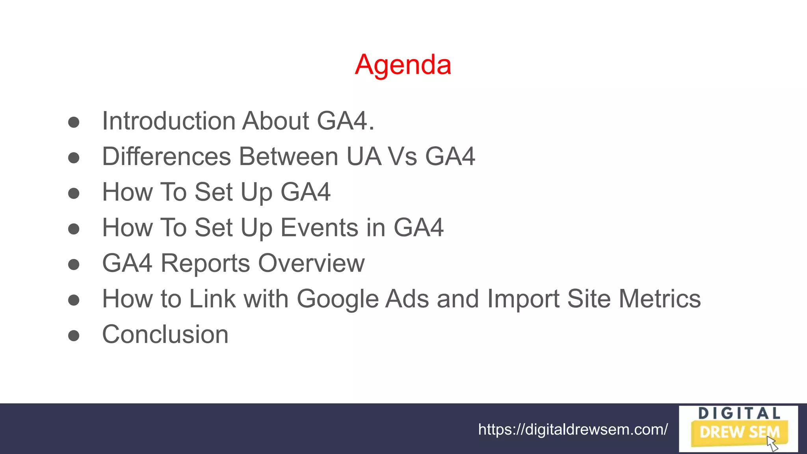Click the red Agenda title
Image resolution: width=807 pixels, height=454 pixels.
[403, 65]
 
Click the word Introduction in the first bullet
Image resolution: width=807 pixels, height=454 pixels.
[168, 121]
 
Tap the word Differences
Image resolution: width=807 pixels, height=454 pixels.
[167, 156]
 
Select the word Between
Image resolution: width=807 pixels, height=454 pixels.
[289, 156]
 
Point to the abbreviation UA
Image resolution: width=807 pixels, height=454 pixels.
[364, 156]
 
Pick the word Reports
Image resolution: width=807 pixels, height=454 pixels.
[205, 263]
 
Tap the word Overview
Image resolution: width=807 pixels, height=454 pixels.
[311, 263]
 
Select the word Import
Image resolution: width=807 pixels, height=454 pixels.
[523, 299]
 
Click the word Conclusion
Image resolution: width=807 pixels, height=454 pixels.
[165, 335]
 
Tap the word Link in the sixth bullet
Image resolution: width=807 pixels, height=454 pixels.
[212, 299]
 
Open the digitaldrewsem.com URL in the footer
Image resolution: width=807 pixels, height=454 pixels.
[573, 429]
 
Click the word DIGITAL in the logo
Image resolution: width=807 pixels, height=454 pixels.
[739, 414]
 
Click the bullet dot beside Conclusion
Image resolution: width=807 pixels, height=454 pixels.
[74, 336]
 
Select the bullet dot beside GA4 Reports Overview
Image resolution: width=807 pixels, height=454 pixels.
[74, 264]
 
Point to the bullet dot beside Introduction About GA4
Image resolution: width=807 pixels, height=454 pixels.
[74, 122]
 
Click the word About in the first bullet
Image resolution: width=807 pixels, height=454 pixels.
[276, 121]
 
